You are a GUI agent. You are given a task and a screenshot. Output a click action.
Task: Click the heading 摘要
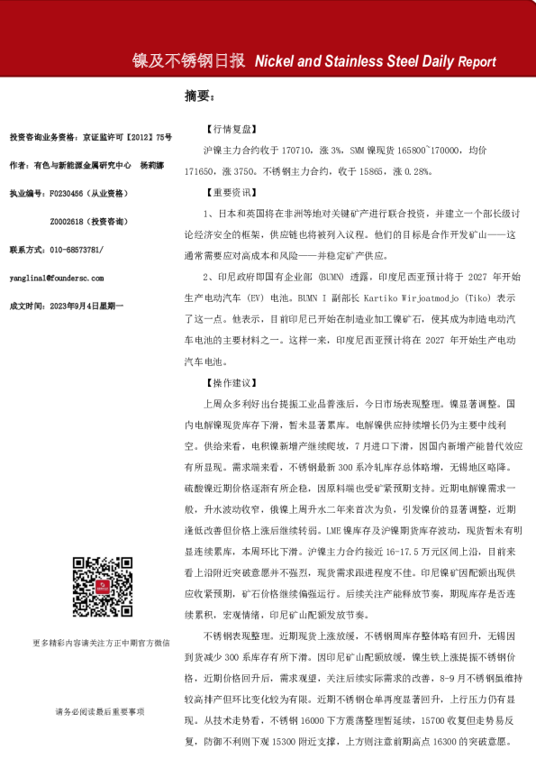click(198, 96)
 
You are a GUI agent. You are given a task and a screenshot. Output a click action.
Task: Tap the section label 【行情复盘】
click(232, 129)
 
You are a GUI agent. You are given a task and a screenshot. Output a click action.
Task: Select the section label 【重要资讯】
click(232, 192)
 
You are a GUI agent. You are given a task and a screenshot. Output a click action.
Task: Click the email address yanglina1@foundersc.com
click(56, 279)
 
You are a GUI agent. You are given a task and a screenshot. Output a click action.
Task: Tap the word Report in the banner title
click(477, 62)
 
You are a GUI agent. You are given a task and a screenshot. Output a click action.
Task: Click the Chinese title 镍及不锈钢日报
click(189, 61)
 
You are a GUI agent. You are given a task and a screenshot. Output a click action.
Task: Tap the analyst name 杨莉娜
click(150, 166)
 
